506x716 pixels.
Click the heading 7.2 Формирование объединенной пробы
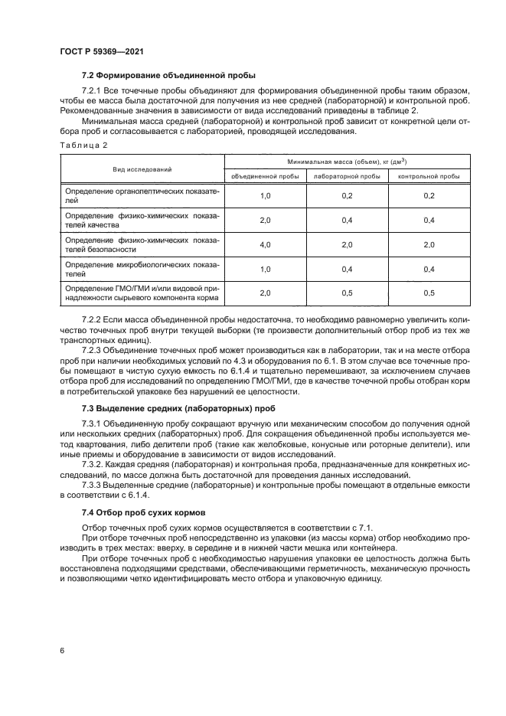[x=168, y=75]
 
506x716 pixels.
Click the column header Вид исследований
[x=142, y=168]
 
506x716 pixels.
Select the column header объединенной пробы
[x=265, y=175]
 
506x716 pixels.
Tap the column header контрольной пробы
[x=429, y=175]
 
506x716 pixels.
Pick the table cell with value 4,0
[x=265, y=244]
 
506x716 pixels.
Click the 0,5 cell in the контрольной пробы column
[x=429, y=293]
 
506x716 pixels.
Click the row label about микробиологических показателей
[x=142, y=269]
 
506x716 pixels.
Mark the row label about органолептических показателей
[x=142, y=195]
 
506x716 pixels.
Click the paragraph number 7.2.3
[x=93, y=350]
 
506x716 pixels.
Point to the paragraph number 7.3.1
[x=93, y=423]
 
